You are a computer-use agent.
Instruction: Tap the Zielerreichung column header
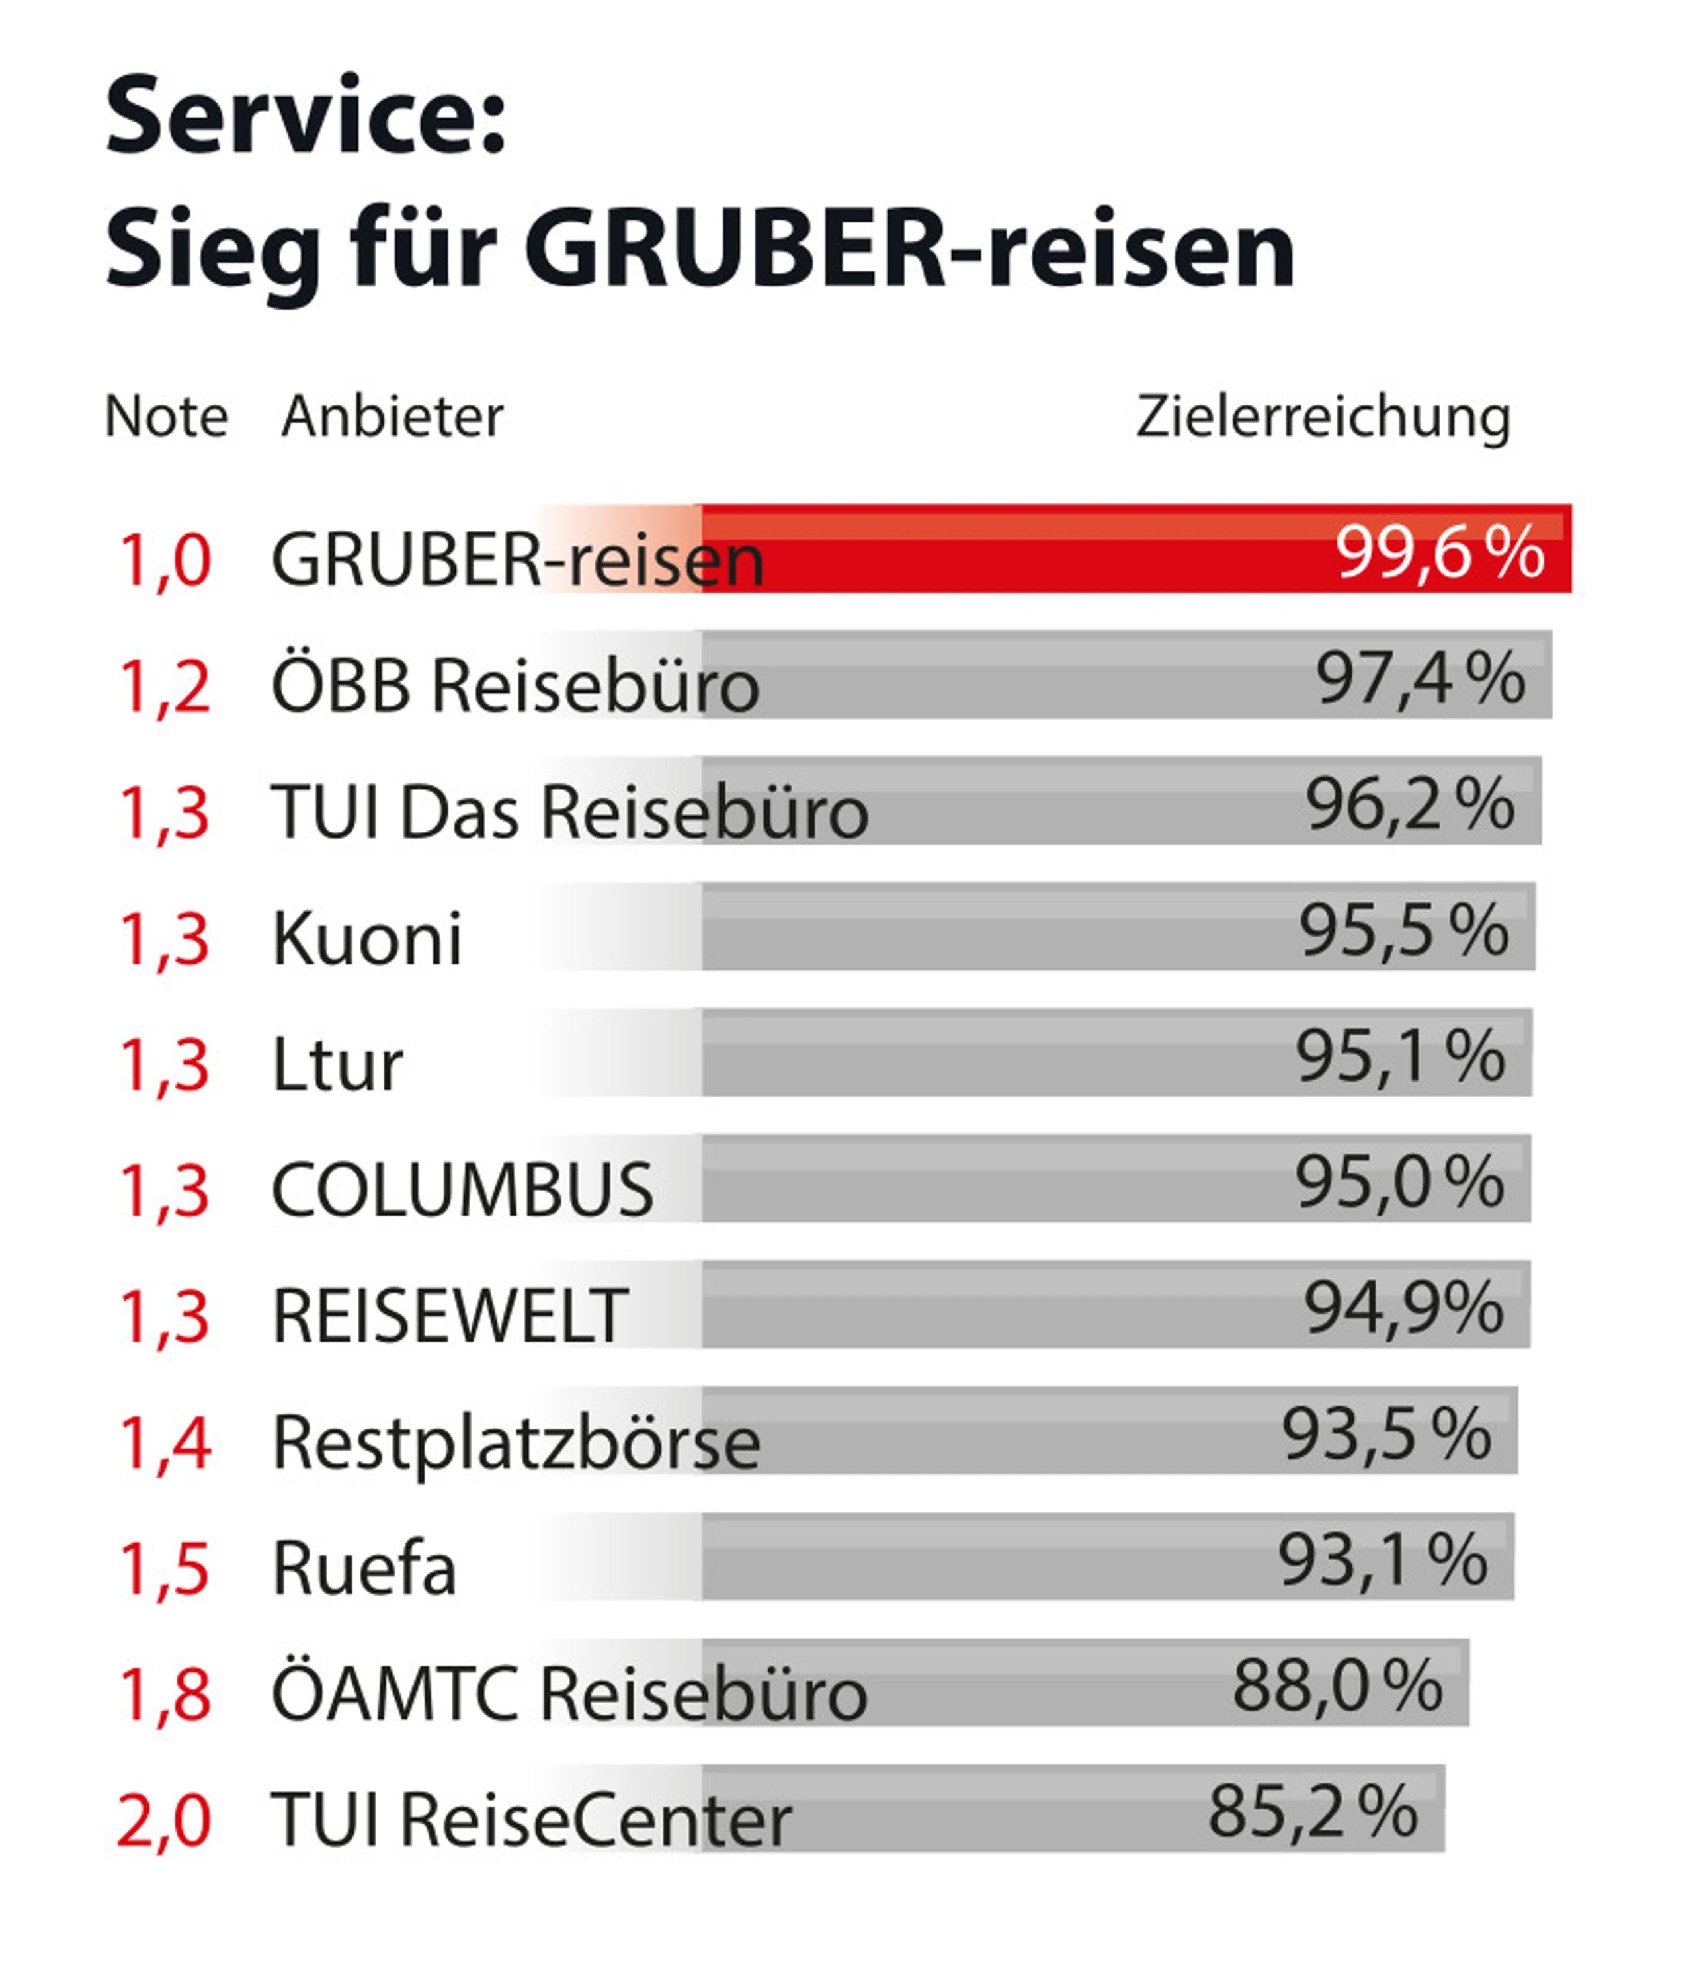(1323, 417)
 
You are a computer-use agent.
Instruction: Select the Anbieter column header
(392, 417)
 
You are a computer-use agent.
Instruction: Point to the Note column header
(167, 417)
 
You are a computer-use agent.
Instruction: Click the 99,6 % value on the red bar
(1439, 552)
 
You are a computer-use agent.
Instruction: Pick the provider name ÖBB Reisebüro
(515, 685)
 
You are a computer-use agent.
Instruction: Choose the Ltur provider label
(337, 1065)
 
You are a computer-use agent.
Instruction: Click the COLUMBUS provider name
(462, 1190)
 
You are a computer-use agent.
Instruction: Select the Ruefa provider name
(364, 1569)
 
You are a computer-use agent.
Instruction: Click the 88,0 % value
(1337, 1686)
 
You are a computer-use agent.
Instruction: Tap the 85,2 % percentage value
(1312, 1813)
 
